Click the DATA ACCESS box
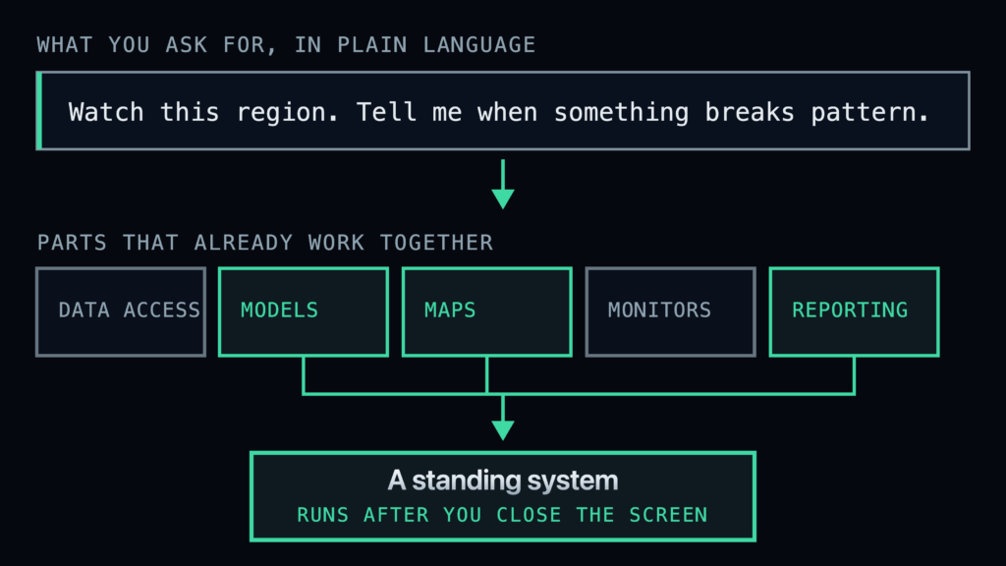[x=121, y=311]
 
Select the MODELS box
[x=304, y=311]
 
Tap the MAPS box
[x=487, y=311]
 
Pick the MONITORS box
[x=670, y=311]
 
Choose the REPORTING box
[x=854, y=311]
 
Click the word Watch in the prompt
[x=106, y=112]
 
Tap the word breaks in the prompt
[x=750, y=112]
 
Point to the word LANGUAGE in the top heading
[x=478, y=45]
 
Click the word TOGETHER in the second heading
[x=436, y=243]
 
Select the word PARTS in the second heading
[x=72, y=243]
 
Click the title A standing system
[x=503, y=481]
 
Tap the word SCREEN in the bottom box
[x=668, y=515]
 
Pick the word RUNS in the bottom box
[x=322, y=515]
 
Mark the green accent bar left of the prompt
[x=39, y=111]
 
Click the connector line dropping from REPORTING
[x=854, y=374]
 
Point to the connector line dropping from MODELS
[x=304, y=374]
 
